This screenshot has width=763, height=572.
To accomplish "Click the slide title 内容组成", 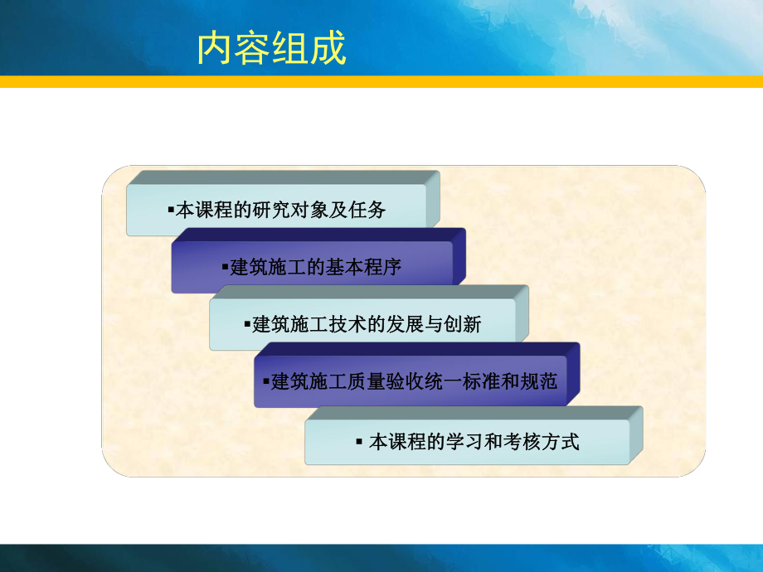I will pos(271,49).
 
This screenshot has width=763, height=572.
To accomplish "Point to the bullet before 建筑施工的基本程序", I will pos(225,268).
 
